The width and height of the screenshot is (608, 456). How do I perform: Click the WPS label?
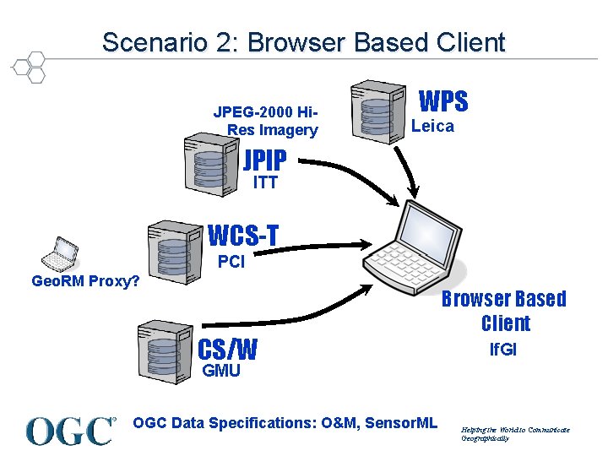(443, 102)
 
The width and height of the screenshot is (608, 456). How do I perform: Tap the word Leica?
(432, 127)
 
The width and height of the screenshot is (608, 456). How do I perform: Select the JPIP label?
(264, 160)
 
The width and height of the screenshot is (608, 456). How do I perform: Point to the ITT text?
(264, 182)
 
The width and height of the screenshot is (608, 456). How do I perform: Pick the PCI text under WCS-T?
(231, 262)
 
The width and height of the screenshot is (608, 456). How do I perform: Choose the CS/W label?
(227, 349)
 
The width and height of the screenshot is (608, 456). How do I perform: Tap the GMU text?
(220, 371)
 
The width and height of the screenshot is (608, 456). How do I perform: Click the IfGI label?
(503, 350)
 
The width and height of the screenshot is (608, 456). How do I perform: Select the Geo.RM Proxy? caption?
(85, 280)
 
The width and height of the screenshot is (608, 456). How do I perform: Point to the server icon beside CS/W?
(163, 348)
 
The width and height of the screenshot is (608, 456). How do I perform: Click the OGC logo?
(70, 431)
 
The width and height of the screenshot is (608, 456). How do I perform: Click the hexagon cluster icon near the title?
(30, 67)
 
